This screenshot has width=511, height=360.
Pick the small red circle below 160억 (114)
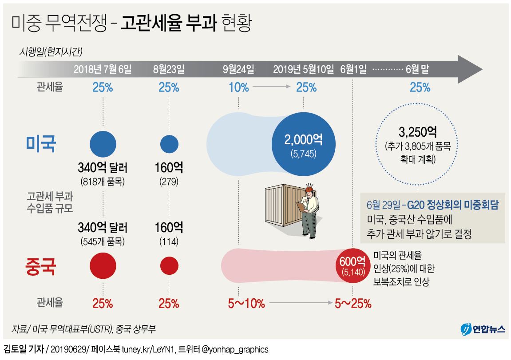pos(169,265)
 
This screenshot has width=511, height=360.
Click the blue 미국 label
pos(41,144)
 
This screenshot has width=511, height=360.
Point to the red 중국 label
pos(41,267)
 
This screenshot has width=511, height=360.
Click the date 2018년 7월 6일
pos(103,69)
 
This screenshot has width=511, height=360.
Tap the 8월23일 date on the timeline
pos(169,69)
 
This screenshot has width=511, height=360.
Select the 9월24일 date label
pos(238,69)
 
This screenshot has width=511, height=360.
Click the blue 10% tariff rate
pos(239,87)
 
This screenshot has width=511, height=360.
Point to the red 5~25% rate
pos(353,304)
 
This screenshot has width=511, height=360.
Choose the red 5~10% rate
pos(246,304)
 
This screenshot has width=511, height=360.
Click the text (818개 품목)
pos(103,182)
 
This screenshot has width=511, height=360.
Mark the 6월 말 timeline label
pos(417,69)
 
